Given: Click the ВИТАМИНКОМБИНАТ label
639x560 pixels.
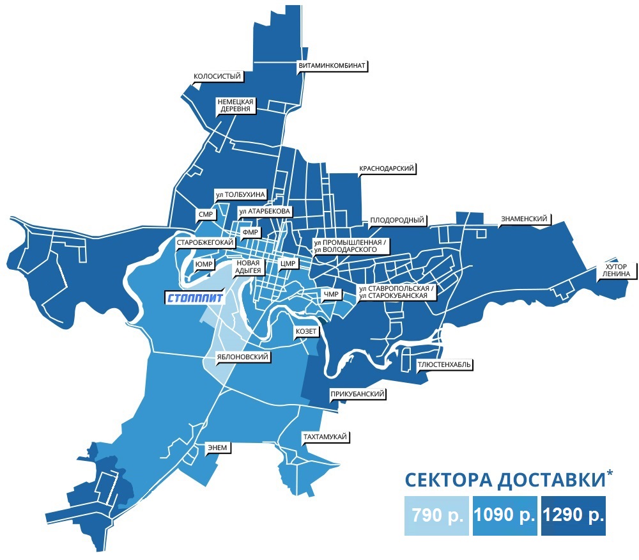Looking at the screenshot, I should pyautogui.click(x=332, y=65).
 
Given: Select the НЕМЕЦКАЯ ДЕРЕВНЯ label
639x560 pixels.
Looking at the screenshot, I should pyautogui.click(x=236, y=105).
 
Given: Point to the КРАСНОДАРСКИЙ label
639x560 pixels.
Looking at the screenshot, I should pyautogui.click(x=388, y=169).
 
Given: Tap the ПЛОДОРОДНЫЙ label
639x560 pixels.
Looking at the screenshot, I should pyautogui.click(x=397, y=221).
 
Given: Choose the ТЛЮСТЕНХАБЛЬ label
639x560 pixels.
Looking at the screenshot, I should pyautogui.click(x=445, y=364).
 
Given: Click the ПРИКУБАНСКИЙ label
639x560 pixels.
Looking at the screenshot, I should pyautogui.click(x=357, y=394).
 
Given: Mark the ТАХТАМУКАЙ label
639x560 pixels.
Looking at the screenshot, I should pyautogui.click(x=325, y=436).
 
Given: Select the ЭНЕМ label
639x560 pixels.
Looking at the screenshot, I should pyautogui.click(x=216, y=447).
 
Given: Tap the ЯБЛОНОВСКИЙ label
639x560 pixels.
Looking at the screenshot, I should pyautogui.click(x=242, y=357).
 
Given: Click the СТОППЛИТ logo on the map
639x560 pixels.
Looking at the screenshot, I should pyautogui.click(x=194, y=298).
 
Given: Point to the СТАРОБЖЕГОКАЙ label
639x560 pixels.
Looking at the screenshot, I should pyautogui.click(x=204, y=243).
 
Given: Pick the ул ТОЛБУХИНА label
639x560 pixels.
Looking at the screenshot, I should pyautogui.click(x=240, y=194).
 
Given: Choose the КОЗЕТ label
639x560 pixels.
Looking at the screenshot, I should pyautogui.click(x=305, y=332).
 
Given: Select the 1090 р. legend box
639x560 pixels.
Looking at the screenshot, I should pyautogui.click(x=505, y=515).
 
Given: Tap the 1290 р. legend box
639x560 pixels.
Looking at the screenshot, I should pyautogui.click(x=573, y=515).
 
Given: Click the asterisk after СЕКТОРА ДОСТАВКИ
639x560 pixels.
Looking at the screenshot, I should pyautogui.click(x=610, y=473).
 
